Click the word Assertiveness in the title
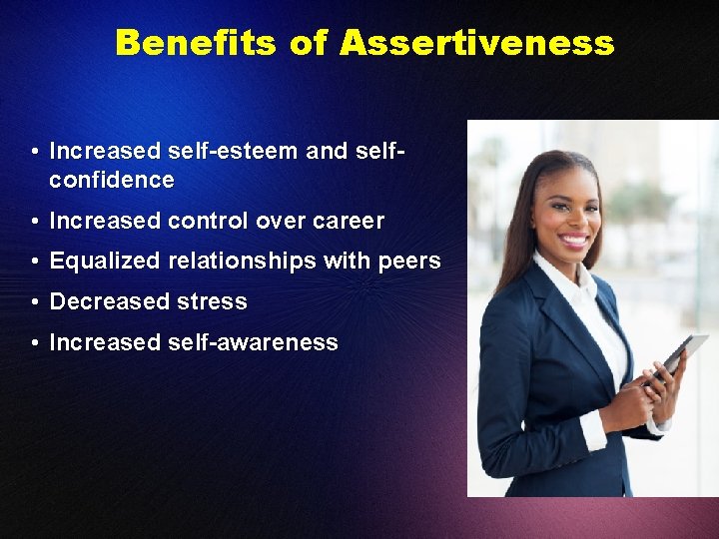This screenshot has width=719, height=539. tap(476, 43)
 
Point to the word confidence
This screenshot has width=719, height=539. tap(112, 181)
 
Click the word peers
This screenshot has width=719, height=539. tap(409, 262)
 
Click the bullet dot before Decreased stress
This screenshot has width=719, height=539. tap(35, 302)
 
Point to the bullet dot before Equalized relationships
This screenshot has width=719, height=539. tap(35, 262)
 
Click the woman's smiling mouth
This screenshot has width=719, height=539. tap(574, 241)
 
